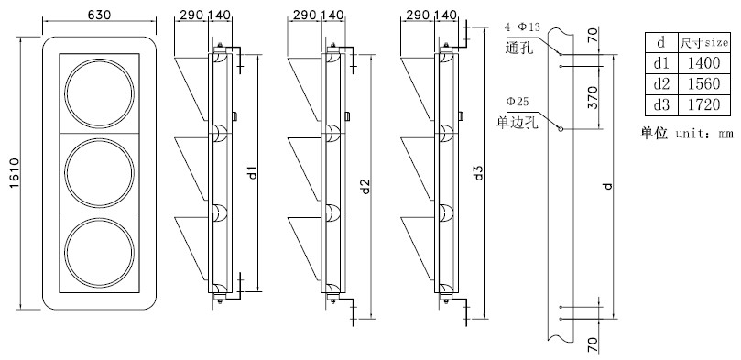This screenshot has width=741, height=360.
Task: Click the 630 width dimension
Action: (x=99, y=14)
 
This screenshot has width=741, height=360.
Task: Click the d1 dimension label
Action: (x=253, y=172)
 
